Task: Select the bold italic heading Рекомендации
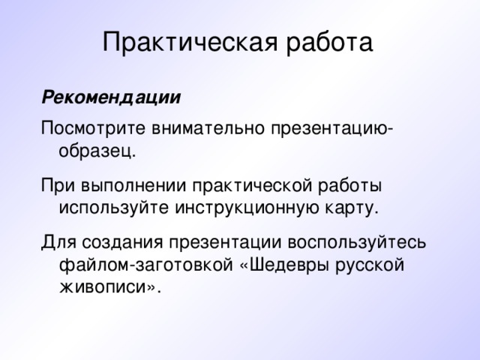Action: point(111,98)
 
